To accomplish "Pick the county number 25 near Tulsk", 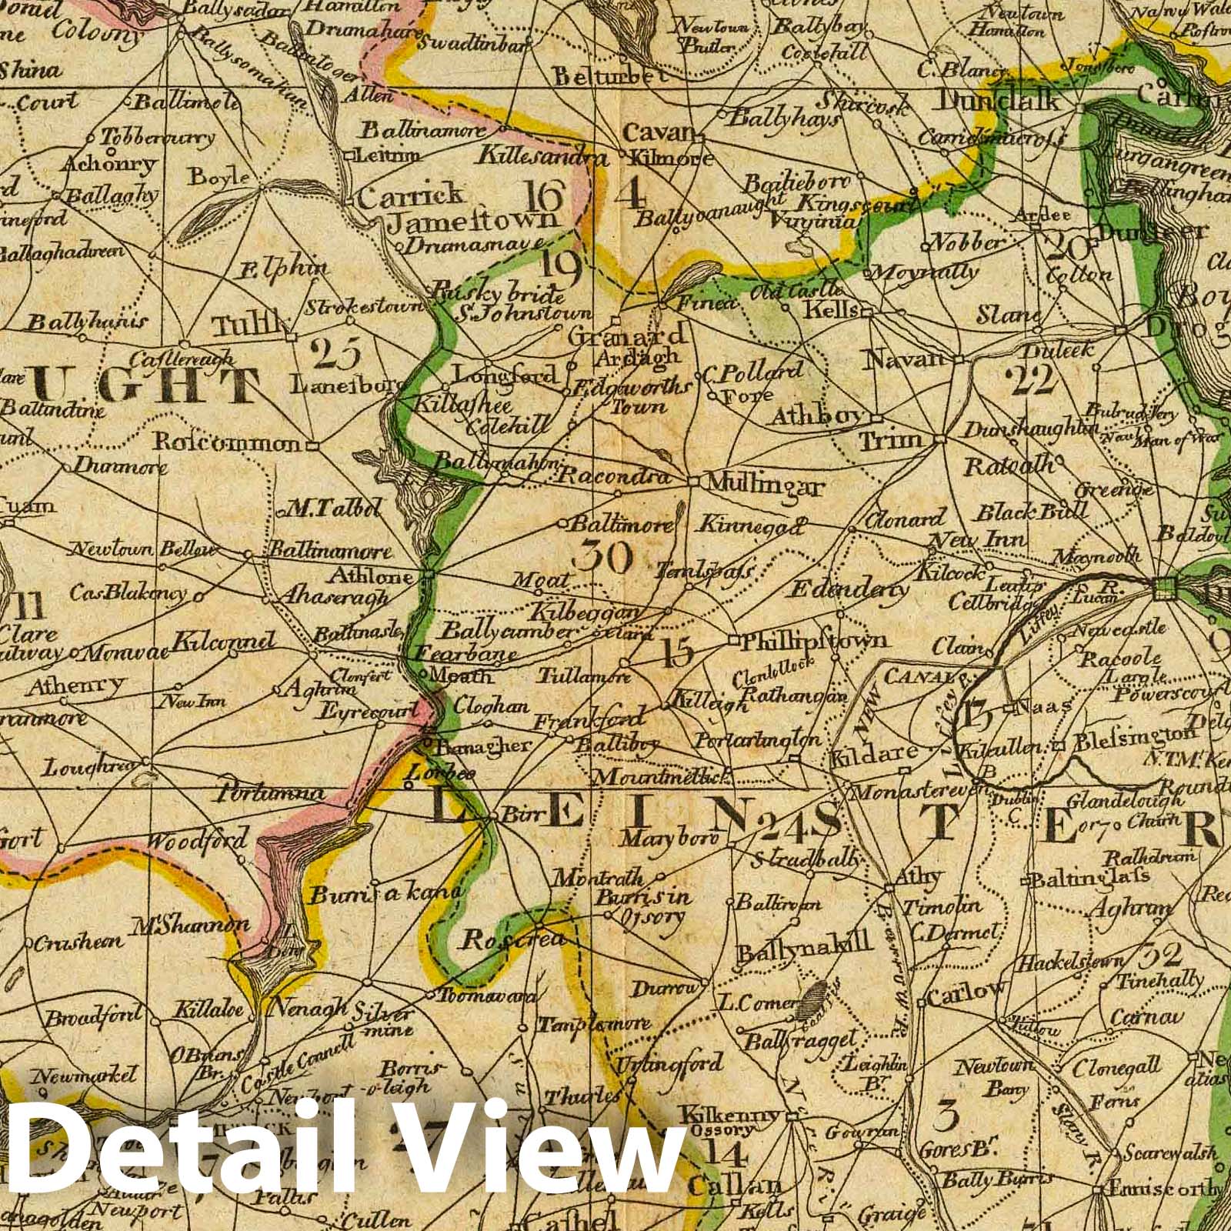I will point(337,355).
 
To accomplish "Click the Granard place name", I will point(626,335).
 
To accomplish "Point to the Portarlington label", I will point(757,740).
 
